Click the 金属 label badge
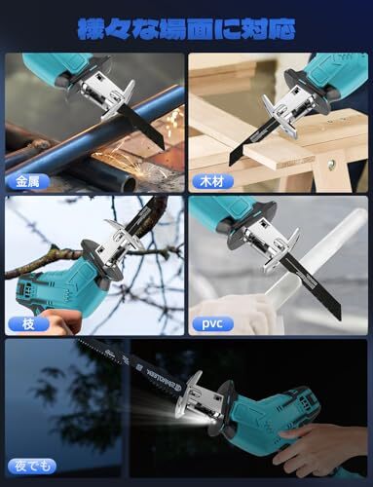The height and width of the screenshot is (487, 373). [28, 181]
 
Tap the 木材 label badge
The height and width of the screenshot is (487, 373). [212, 182]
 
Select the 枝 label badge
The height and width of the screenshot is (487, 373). [28, 323]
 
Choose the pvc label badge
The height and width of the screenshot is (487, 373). [212, 323]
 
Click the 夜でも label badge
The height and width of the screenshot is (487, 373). [32, 467]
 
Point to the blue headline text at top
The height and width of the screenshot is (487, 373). [186, 29]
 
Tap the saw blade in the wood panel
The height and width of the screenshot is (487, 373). [250, 139]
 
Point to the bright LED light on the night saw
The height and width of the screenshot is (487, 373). [198, 419]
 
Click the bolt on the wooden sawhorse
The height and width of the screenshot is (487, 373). [331, 163]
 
